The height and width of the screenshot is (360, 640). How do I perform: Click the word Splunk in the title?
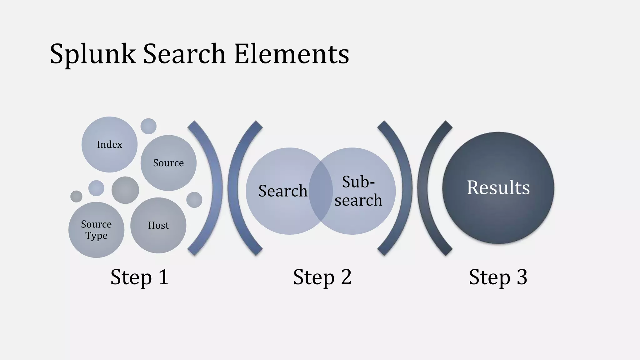[92, 54]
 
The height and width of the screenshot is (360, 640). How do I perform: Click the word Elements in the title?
[291, 54]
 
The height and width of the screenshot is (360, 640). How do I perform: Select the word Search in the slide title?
[184, 54]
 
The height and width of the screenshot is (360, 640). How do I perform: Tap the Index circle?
[109, 144]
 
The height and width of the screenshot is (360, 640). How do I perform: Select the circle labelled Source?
[168, 163]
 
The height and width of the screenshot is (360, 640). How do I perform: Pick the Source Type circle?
[96, 230]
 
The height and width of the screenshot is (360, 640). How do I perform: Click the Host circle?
[158, 225]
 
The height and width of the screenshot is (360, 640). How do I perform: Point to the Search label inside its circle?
[283, 191]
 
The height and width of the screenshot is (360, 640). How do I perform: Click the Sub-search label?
[358, 191]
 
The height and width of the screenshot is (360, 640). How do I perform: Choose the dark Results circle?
[498, 188]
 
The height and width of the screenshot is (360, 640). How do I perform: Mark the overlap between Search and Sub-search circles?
[321, 191]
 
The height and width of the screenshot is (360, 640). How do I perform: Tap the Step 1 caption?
[140, 277]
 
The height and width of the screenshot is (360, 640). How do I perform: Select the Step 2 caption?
[322, 277]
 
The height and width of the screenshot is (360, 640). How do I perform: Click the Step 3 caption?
[498, 277]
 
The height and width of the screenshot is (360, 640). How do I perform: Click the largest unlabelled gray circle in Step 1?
[125, 190]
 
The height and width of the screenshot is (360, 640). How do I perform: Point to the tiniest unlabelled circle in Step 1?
[76, 197]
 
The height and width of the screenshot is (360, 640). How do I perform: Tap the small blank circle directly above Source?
[148, 126]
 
